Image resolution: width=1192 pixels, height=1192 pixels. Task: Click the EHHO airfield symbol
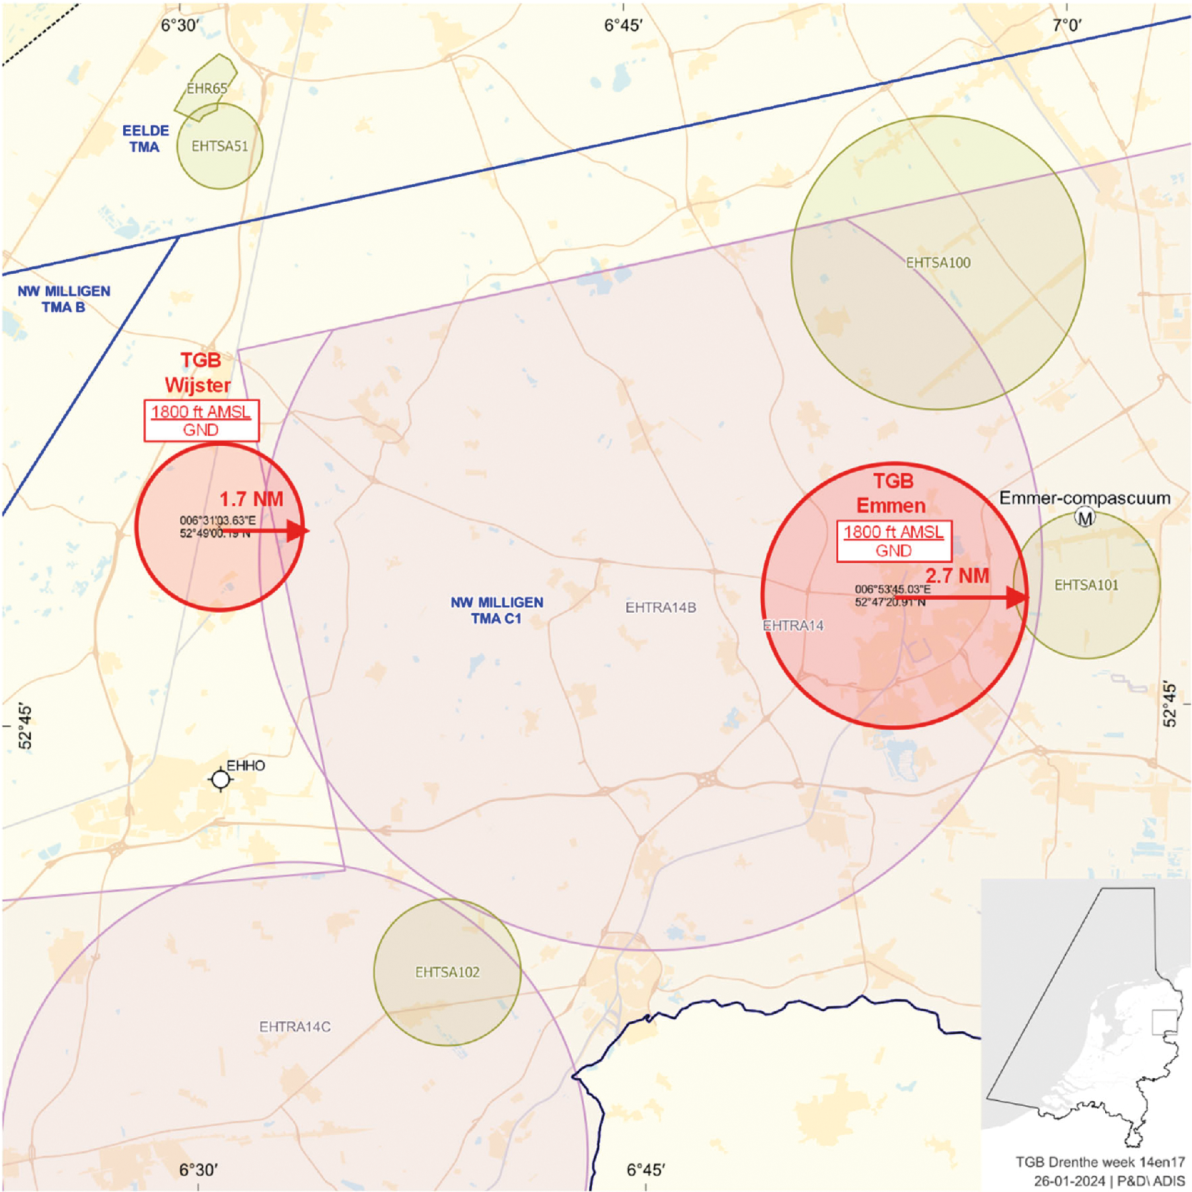tap(221, 779)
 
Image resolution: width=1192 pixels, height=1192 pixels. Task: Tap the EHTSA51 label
tap(219, 146)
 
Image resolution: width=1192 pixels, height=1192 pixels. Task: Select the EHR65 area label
tap(207, 88)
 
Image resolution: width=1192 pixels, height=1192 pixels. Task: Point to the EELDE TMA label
tap(145, 139)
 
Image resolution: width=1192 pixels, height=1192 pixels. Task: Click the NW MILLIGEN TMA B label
tap(64, 299)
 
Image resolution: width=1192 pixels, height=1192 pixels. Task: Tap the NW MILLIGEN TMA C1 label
tap(496, 610)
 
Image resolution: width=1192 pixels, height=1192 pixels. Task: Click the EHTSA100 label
tap(938, 263)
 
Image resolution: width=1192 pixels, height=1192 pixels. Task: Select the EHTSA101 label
tap(1086, 585)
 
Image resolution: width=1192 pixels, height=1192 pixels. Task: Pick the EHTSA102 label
tap(447, 972)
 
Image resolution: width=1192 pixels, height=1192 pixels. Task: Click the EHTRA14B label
tap(661, 607)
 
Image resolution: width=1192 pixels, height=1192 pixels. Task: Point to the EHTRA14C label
tap(295, 1027)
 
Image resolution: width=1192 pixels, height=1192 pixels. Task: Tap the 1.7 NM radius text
tap(251, 499)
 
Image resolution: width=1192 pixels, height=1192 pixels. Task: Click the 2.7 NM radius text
tap(957, 576)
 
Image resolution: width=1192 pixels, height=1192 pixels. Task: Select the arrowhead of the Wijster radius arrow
tap(297, 531)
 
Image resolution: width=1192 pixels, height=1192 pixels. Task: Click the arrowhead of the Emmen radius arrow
tap(1016, 597)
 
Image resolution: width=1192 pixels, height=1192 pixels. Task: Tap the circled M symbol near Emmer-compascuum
tap(1084, 517)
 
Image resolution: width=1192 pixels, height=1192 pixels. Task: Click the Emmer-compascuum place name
tap(1084, 498)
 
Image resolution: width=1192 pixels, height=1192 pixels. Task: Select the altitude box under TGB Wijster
tap(201, 420)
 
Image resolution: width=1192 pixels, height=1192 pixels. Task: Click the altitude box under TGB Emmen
tap(893, 541)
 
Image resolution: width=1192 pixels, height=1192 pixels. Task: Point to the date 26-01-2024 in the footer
tap(1069, 1181)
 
